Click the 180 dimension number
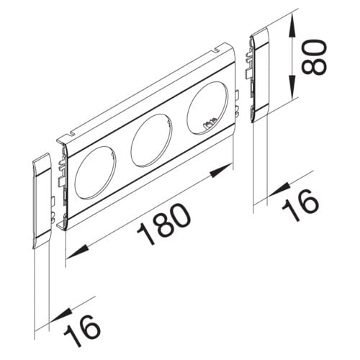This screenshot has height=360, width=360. click(x=164, y=225)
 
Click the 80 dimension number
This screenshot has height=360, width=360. click(x=314, y=56)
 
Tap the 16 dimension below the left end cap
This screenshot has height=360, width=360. click(x=82, y=331)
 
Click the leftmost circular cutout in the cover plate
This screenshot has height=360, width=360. click(x=95, y=172)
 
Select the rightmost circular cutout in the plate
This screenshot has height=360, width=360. click(x=207, y=108)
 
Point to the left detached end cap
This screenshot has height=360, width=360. click(x=42, y=201)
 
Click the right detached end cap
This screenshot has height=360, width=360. click(x=260, y=75)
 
